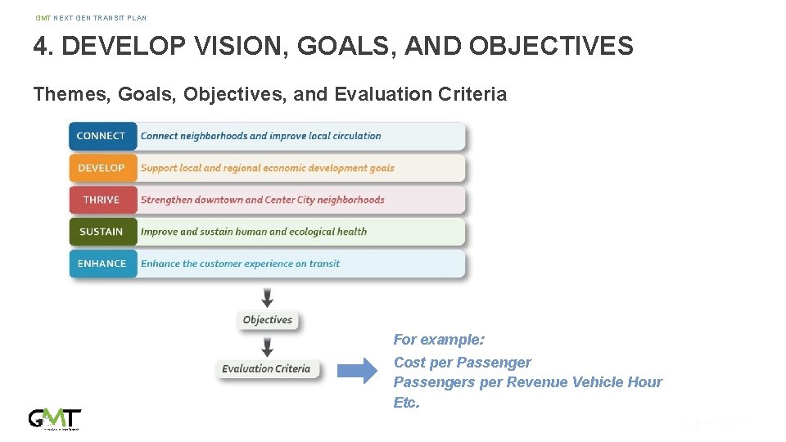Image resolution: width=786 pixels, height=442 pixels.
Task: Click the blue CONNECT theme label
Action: point(102,136)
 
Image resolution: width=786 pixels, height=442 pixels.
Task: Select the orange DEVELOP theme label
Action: point(102,168)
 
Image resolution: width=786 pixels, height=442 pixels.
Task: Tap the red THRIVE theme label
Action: point(102,200)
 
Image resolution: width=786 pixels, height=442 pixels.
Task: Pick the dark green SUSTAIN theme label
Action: point(102,232)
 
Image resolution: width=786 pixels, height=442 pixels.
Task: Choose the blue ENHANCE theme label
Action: point(102,264)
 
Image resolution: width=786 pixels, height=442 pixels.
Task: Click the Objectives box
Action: point(268,320)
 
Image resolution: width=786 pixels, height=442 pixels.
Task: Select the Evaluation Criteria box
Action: point(266,368)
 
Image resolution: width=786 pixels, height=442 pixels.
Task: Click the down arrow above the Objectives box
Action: point(268,296)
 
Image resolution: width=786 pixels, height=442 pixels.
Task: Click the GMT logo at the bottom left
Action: point(55,418)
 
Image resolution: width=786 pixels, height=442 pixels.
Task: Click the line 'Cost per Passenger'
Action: point(462,362)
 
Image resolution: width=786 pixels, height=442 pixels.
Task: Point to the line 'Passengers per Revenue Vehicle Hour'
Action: point(527,382)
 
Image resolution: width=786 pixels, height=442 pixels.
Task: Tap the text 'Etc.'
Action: point(406,403)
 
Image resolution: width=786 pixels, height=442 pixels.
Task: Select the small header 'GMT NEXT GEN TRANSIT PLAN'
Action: point(91,18)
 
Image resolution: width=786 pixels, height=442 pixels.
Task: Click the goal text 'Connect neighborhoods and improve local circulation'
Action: point(260,136)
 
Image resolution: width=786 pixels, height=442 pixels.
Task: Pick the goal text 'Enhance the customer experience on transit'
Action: point(240,264)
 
